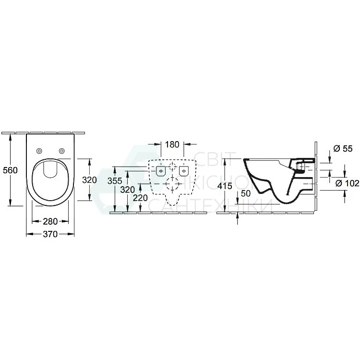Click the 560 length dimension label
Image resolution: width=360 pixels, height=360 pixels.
(11, 170)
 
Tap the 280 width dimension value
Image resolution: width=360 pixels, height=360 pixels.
(50, 221)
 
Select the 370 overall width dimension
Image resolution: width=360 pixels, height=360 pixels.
(50, 234)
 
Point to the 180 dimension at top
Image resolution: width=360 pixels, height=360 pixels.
(172, 144)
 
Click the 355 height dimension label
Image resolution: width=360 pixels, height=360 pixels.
(115, 181)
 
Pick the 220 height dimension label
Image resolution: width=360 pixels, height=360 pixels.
(141, 198)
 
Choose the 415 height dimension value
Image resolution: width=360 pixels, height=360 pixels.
(225, 186)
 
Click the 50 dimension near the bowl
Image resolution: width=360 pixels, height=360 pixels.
(245, 193)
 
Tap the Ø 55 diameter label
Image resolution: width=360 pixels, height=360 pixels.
(343, 149)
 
